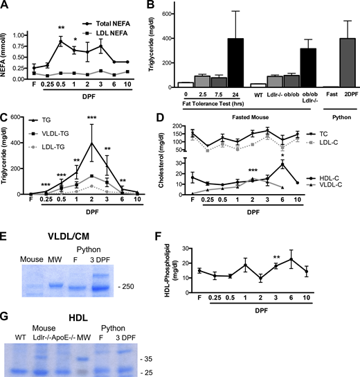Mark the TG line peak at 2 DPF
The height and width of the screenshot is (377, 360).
pyautogui.click(x=91, y=143)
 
